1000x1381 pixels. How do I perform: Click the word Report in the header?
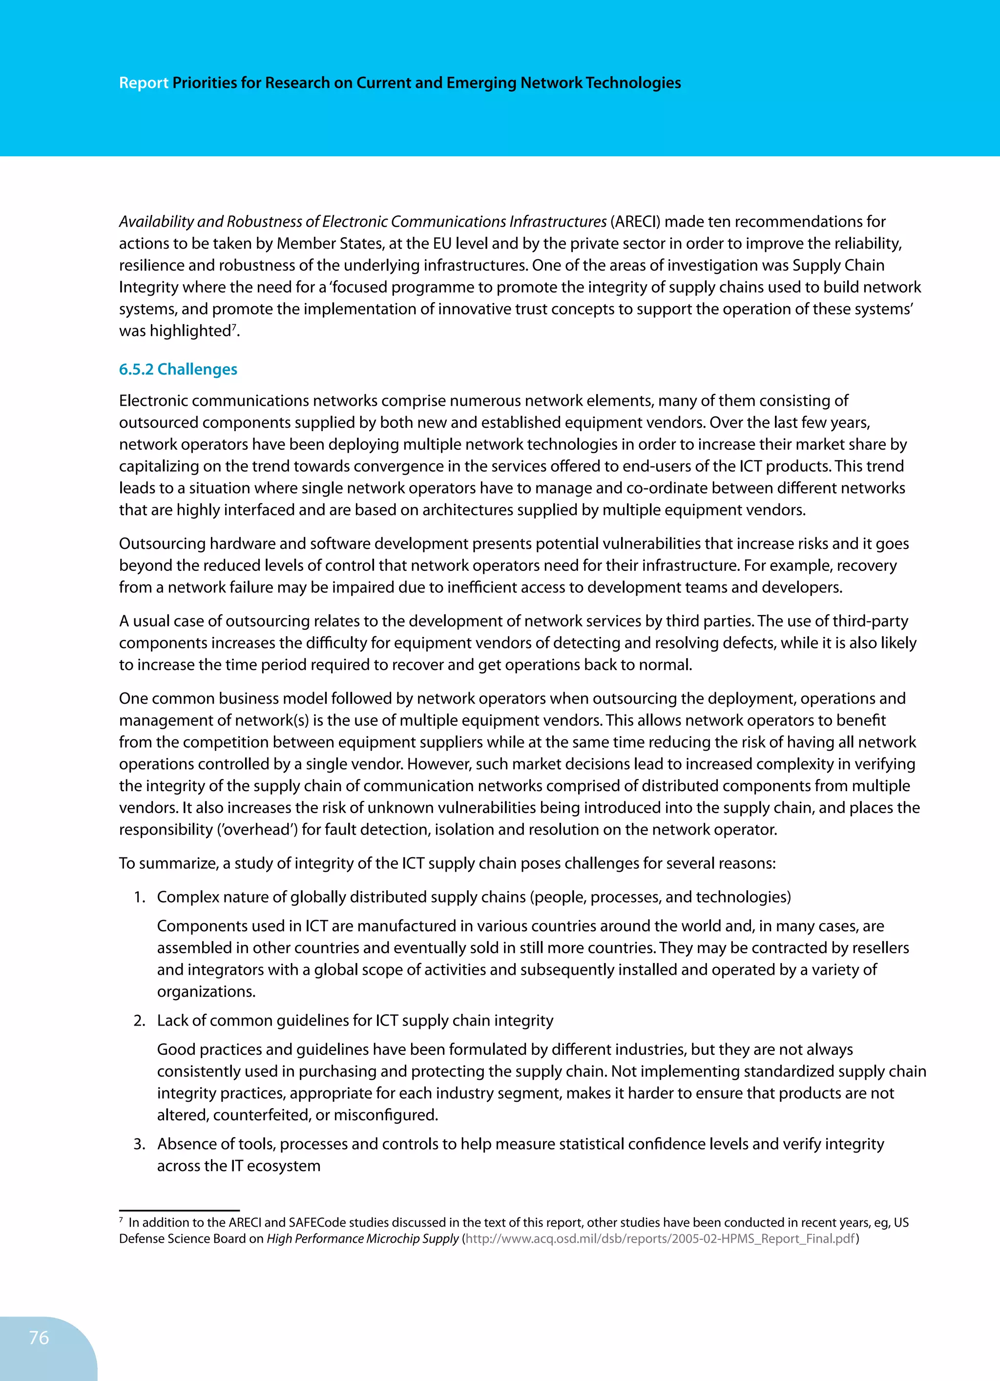143,83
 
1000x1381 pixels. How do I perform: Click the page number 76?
39,1338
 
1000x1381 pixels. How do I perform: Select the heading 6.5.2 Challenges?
178,369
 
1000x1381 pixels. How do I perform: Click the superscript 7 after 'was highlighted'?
233,327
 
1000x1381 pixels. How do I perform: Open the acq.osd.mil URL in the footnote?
660,1238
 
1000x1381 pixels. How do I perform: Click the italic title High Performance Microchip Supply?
362,1238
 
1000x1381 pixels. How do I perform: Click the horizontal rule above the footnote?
179,1211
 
